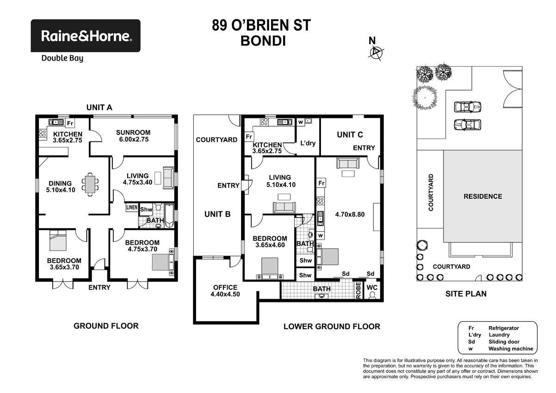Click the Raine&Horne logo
coord(86,36)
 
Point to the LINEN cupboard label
coord(131,208)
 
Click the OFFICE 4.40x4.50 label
coord(225,291)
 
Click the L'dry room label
coord(308,143)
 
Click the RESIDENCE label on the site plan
coord(482,196)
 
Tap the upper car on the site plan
coord(468,107)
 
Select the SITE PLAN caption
coord(466,294)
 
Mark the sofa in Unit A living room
coord(169,178)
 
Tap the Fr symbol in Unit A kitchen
coord(70,123)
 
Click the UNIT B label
coord(217,215)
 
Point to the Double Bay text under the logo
coord(62,58)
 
